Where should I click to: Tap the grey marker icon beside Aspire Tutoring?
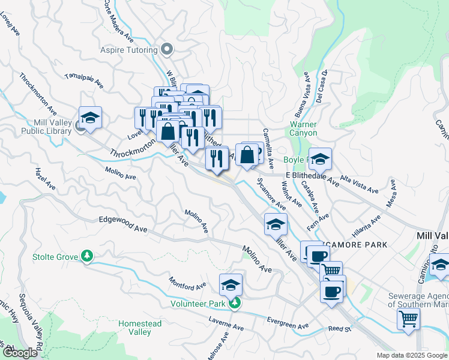167,49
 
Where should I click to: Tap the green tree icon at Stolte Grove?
88,257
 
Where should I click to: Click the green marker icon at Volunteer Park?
237,304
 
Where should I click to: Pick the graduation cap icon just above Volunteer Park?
231,286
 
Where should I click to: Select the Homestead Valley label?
140,328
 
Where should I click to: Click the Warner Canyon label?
303,128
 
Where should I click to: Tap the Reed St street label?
339,329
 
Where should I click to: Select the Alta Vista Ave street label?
359,184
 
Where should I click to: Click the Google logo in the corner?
20,353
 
